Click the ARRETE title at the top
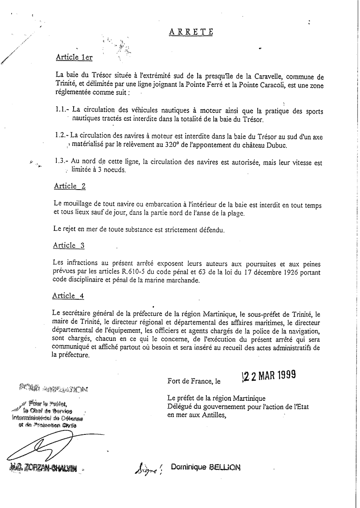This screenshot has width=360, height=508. (x=190, y=32)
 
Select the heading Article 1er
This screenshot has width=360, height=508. (x=74, y=57)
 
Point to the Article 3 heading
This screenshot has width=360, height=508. (x=68, y=246)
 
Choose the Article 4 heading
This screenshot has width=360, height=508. (x=68, y=296)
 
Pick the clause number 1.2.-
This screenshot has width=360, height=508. (x=62, y=136)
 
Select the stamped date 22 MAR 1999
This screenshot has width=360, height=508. (x=269, y=376)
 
